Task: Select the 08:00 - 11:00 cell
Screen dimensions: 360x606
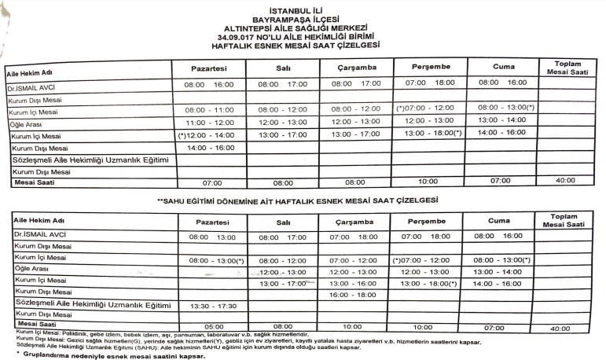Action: click(x=208, y=110)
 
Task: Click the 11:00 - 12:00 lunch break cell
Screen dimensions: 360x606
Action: click(x=208, y=123)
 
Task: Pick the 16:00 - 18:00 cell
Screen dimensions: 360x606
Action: click(x=355, y=294)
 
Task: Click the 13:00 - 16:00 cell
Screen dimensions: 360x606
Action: click(x=355, y=282)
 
